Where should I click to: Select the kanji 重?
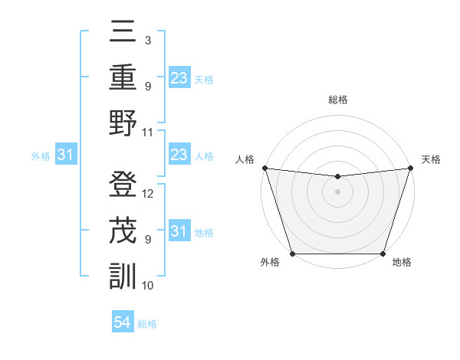(x=123, y=77)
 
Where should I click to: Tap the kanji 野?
(x=123, y=123)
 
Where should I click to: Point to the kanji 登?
(x=123, y=185)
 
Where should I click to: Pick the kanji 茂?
(x=123, y=230)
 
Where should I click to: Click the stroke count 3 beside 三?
(x=148, y=40)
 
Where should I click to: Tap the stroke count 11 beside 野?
(x=148, y=131)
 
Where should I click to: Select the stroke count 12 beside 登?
(x=148, y=193)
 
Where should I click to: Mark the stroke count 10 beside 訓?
(x=148, y=285)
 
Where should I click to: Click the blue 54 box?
(x=123, y=322)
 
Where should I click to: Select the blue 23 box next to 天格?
(x=179, y=78)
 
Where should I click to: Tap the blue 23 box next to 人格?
(x=179, y=155)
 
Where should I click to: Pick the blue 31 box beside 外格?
(x=66, y=155)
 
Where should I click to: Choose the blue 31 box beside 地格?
(x=179, y=232)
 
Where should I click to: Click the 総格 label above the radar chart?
(x=338, y=100)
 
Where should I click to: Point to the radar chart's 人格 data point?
(x=264, y=168)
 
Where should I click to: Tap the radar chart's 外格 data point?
(x=292, y=254)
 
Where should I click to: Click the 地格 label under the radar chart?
(x=402, y=263)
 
